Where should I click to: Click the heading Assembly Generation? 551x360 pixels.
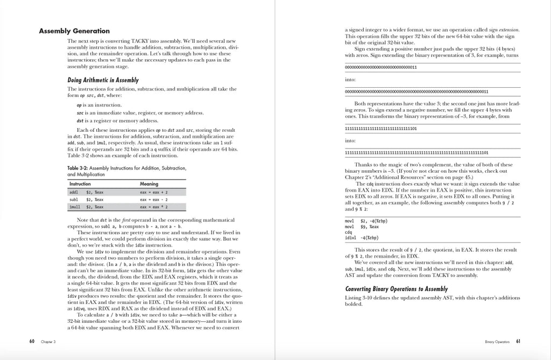click(74, 31)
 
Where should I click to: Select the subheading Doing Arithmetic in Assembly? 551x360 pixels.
click(103, 80)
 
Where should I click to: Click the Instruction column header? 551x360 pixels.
click(80, 184)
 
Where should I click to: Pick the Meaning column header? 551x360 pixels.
click(149, 184)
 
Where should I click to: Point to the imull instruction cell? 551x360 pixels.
click(75, 206)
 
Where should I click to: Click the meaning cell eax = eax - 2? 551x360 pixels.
click(154, 199)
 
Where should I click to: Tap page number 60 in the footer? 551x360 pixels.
click(32, 341)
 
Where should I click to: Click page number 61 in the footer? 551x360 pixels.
click(518, 341)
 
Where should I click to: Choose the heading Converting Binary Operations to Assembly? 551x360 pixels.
click(396, 288)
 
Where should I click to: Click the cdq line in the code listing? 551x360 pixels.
click(348, 232)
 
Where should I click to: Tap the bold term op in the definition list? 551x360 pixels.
click(79, 105)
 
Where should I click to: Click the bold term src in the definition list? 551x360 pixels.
click(80, 113)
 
